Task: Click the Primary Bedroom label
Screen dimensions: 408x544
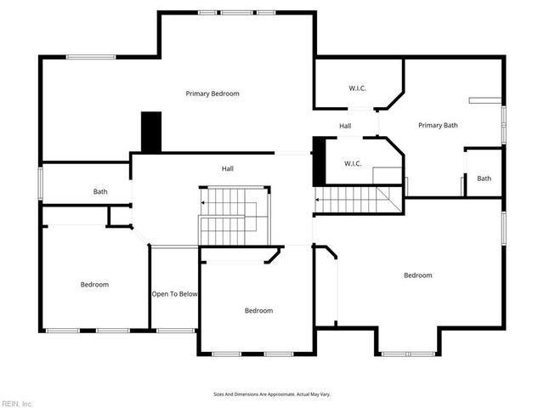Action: tap(212, 93)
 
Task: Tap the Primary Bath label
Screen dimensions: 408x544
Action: tap(438, 126)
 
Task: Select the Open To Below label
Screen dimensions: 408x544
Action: tap(175, 294)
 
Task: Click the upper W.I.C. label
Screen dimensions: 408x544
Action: tap(357, 88)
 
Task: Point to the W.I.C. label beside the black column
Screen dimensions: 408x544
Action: tap(354, 163)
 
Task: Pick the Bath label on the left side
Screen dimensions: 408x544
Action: tap(100, 192)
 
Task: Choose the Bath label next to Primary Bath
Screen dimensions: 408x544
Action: tap(484, 178)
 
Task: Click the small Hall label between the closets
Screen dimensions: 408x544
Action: tap(345, 127)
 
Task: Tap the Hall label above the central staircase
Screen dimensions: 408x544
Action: tap(228, 169)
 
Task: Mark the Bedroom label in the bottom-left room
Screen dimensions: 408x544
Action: tap(94, 285)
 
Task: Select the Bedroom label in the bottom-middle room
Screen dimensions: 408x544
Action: tap(258, 311)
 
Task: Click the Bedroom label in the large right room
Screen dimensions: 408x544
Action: tap(417, 275)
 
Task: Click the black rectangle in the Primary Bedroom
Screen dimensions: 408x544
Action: tap(151, 133)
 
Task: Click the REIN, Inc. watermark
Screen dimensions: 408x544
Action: tap(17, 403)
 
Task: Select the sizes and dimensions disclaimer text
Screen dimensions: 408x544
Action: tap(272, 394)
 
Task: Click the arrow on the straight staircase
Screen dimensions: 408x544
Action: tap(320, 201)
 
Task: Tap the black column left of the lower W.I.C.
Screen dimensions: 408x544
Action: tap(319, 161)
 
